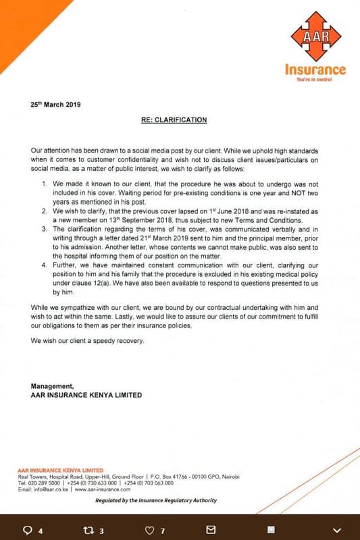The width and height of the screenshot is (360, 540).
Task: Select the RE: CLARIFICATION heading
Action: (179, 119)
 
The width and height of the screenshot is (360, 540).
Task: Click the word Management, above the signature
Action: (53, 386)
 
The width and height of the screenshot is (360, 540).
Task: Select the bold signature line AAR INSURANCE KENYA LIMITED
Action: (86, 395)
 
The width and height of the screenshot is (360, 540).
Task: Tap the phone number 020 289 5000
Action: (45, 483)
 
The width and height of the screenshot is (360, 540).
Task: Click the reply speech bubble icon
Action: (28, 530)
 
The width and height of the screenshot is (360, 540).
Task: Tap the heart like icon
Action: (150, 530)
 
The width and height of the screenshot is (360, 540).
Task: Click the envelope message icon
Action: (211, 530)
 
